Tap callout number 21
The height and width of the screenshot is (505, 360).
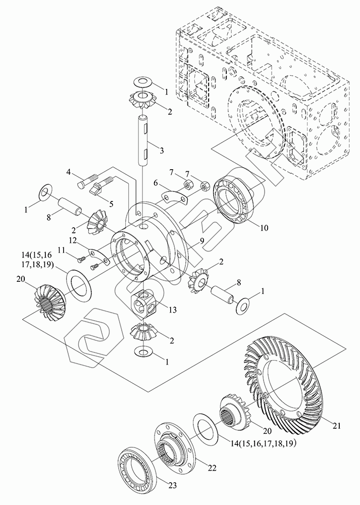[x=337, y=426]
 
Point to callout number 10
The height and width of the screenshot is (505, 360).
[x=264, y=228]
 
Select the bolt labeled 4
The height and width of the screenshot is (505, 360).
[x=87, y=181]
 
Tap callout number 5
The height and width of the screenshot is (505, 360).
[x=111, y=204]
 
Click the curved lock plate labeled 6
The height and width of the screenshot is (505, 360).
[x=175, y=198]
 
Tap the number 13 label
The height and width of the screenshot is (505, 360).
[x=173, y=310]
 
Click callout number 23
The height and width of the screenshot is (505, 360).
[x=173, y=485]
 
